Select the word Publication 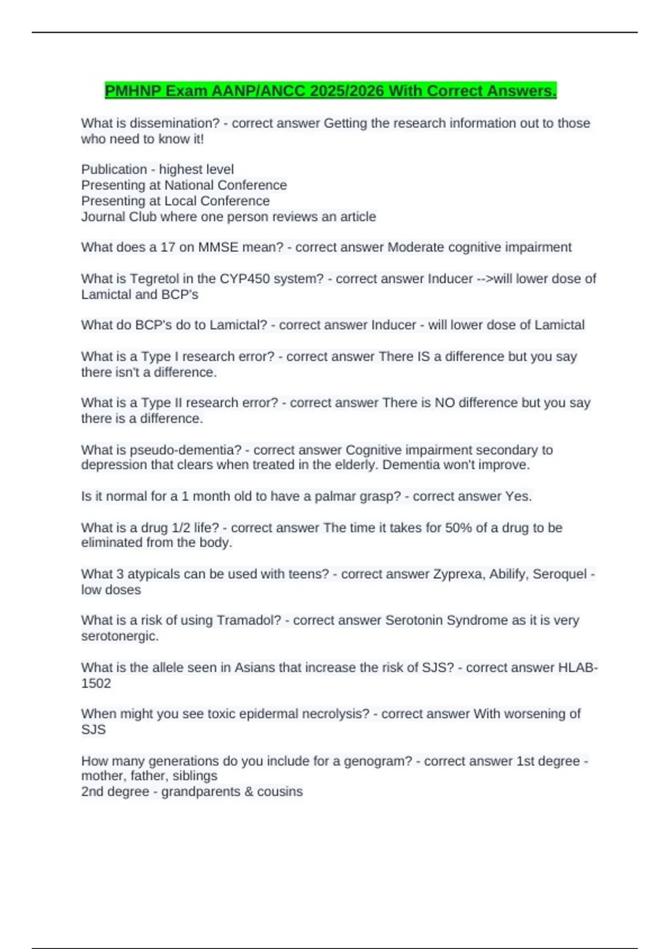coord(114,169)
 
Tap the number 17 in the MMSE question coord(167,247)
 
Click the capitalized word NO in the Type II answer coord(445,402)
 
